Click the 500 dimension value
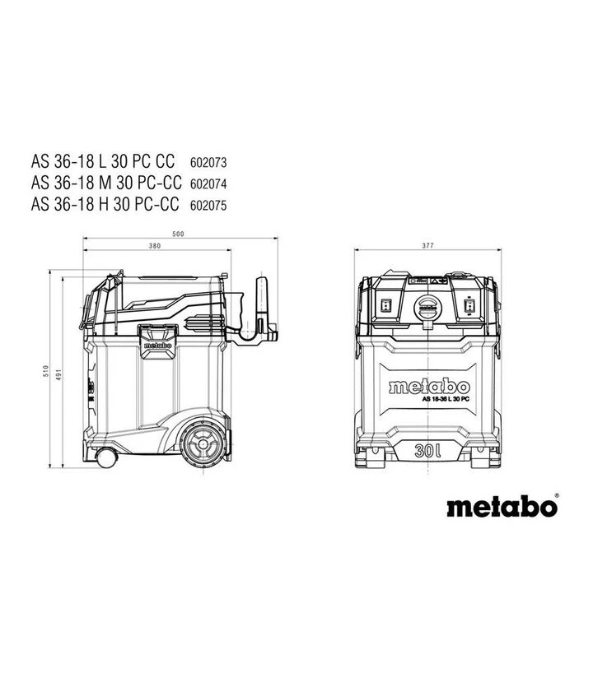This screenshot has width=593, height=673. [x=178, y=234]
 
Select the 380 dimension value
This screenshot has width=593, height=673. [x=155, y=246]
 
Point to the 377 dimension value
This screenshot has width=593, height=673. [x=427, y=245]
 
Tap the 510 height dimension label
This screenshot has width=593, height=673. [x=46, y=371]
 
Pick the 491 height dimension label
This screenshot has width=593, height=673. [x=59, y=374]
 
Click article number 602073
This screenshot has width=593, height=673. [x=208, y=163]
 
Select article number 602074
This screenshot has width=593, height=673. [x=208, y=183]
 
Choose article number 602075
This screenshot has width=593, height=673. [x=208, y=205]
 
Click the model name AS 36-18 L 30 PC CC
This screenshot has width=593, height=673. [x=103, y=161]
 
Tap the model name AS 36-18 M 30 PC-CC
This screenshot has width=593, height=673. [x=106, y=183]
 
